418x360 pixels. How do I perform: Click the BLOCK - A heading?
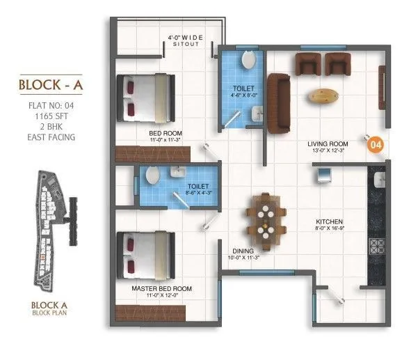pyautogui.click(x=47, y=86)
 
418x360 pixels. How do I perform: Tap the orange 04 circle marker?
pyautogui.click(x=376, y=145)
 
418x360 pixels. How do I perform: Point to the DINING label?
pyautogui.click(x=243, y=251)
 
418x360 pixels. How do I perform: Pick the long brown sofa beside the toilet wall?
pyautogui.click(x=279, y=102)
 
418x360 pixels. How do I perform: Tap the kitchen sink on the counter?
pyautogui.click(x=379, y=182)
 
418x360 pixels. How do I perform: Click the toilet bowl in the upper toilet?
pyautogui.click(x=248, y=61)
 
